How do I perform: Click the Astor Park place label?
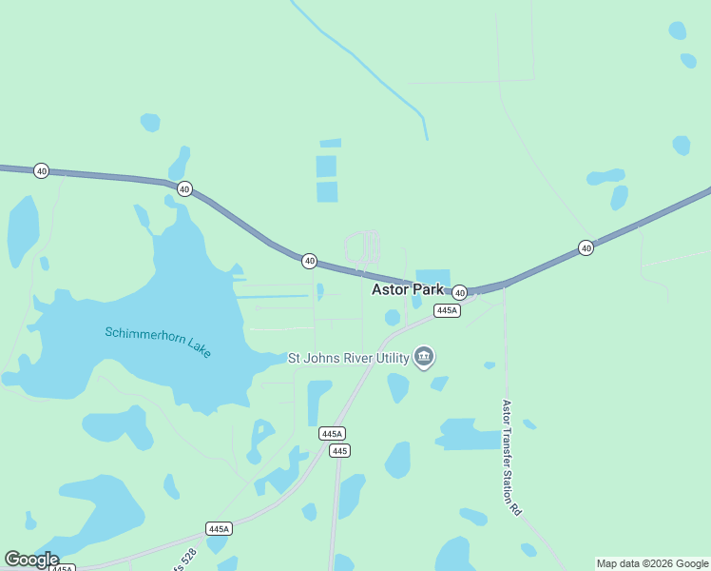point(407,289)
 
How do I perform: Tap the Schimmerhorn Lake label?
point(158,341)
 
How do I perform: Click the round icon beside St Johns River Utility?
point(424,358)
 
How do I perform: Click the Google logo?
point(30,560)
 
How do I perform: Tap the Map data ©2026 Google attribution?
point(652,563)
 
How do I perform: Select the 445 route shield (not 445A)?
point(338,450)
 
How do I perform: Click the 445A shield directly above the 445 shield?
point(332,433)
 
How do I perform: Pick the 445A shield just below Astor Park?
point(447,310)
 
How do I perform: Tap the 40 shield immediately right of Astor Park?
point(459,292)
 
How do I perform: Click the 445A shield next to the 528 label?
point(219,528)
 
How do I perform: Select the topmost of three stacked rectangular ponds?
point(330,144)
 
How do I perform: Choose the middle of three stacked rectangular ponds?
point(327,167)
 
